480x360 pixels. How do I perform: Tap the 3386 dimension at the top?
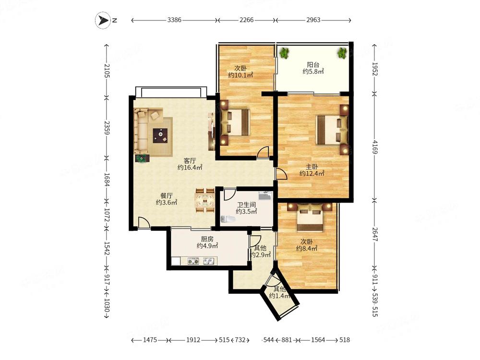click(x=174, y=20)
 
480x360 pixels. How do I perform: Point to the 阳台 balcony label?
click(x=313, y=65)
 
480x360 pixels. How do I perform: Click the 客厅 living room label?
click(x=190, y=161)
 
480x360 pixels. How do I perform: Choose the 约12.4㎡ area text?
click(x=312, y=174)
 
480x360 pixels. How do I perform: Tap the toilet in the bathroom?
click(x=228, y=219)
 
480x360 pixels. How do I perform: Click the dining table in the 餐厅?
click(x=205, y=201)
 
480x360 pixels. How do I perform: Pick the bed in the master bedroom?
click(x=333, y=130)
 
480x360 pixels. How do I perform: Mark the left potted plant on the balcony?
click(x=284, y=53)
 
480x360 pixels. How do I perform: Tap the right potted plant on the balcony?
click(x=342, y=53)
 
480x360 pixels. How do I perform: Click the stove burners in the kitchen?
click(x=193, y=262)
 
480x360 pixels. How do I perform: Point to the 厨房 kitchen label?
click(x=207, y=239)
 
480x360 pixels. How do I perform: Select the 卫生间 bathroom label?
click(x=246, y=204)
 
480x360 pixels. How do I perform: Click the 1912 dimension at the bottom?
click(x=193, y=340)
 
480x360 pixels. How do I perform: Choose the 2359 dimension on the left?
click(x=106, y=128)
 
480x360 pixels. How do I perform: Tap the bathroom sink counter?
click(x=265, y=195)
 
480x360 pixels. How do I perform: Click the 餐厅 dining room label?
click(x=167, y=196)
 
